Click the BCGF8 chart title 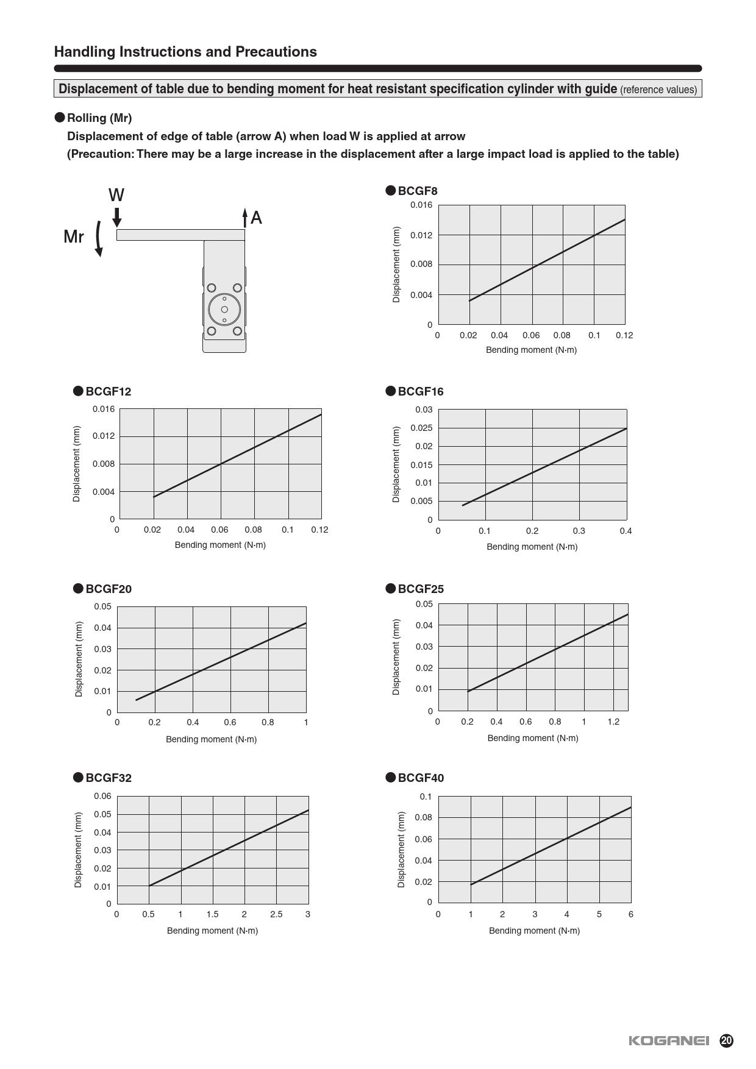coord(418,191)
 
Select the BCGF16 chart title coord(421,391)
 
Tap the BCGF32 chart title coord(109,778)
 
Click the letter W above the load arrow coord(116,195)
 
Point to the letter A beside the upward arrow coord(256,218)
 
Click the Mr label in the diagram coord(74,236)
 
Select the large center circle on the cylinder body coord(224,310)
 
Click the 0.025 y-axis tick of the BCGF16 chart coord(421,428)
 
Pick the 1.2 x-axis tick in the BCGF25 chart coord(613,722)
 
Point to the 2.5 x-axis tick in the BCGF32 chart coord(276,914)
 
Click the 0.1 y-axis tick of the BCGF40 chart coord(426,797)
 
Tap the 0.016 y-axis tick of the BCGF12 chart coord(104,409)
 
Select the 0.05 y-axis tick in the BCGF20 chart coord(102,606)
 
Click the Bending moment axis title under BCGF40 coord(534,931)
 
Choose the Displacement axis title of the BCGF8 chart coord(396,265)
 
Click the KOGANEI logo coord(669,1040)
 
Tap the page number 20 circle coord(726,1040)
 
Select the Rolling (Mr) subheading coord(99,118)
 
